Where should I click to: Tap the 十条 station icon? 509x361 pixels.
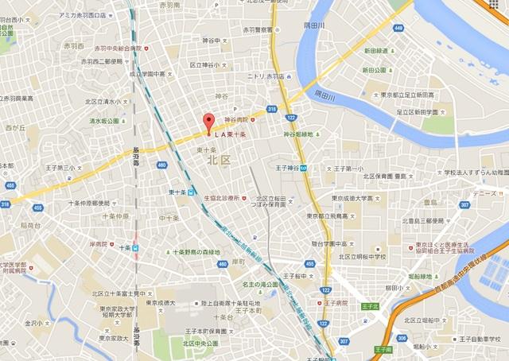coord(136,248)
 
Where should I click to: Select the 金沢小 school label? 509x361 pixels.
coord(34,324)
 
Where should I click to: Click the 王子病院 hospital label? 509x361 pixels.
coord(336,303)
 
